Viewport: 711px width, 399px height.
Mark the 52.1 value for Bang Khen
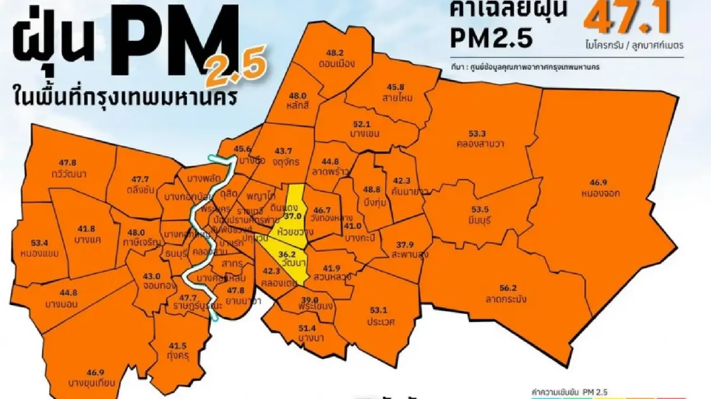[361, 125]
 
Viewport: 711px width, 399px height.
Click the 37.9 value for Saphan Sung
[405, 244]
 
